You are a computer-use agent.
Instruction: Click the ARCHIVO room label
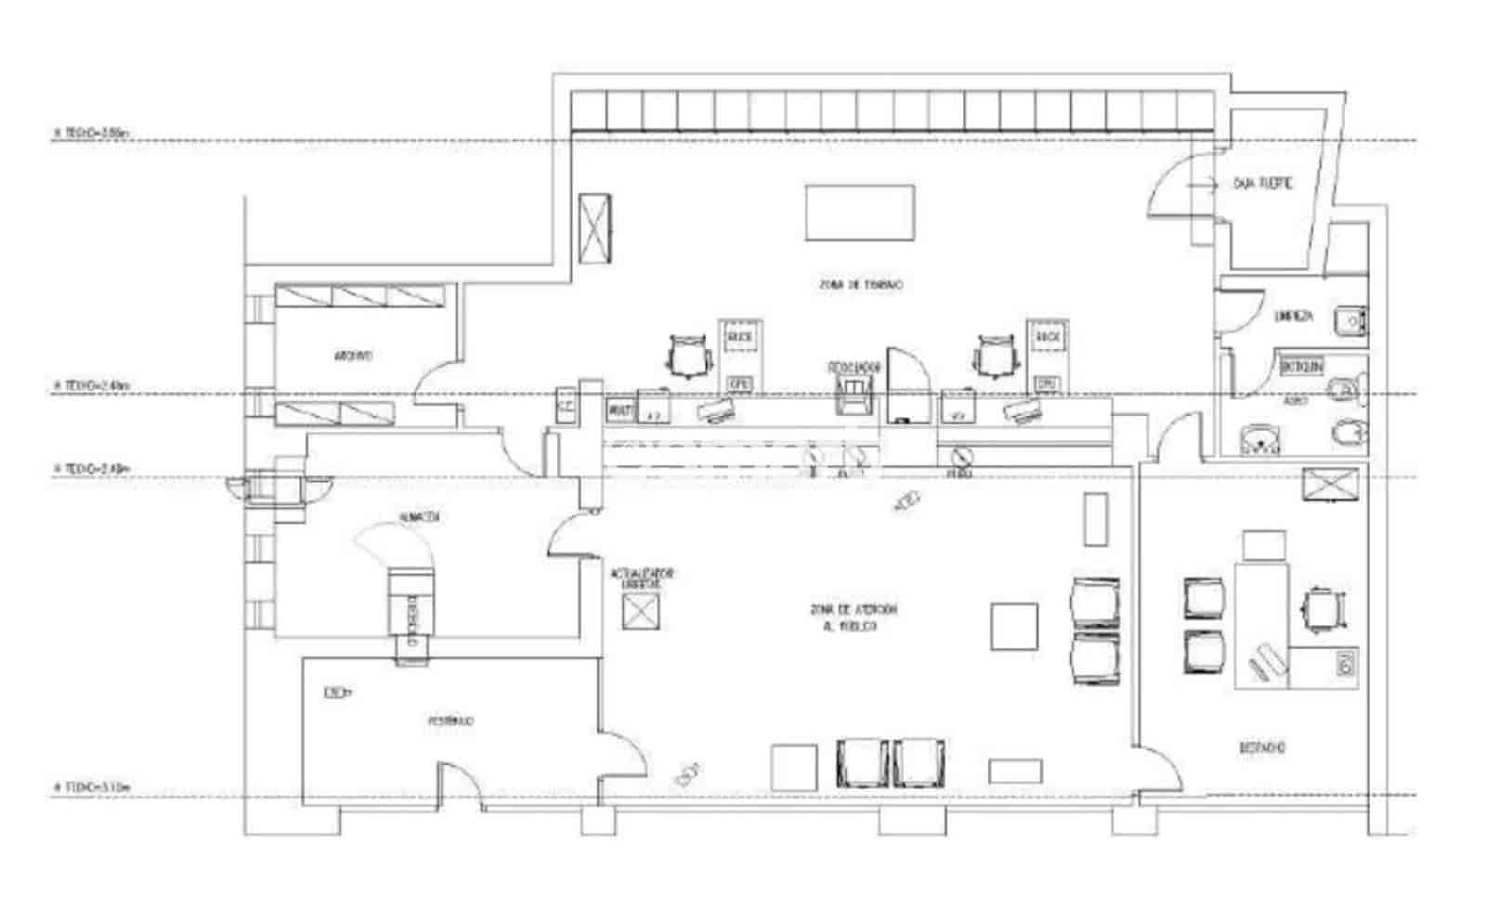pos(353,356)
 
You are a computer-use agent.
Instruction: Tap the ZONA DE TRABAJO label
pos(861,285)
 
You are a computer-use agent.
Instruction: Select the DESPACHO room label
pos(1262,747)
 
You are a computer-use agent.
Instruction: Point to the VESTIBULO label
pos(451,721)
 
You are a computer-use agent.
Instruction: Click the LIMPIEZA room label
pos(1294,316)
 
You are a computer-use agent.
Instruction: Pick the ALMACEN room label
pos(419,516)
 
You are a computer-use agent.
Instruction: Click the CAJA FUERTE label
pos(1262,184)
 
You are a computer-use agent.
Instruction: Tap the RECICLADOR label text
pos(854,368)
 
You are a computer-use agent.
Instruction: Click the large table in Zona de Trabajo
pos(859,213)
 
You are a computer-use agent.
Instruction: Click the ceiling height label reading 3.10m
pos(92,787)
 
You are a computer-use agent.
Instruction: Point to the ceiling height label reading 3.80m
pos(92,133)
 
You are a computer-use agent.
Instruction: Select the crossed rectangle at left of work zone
pos(594,227)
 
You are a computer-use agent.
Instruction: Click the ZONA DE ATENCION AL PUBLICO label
pos(854,617)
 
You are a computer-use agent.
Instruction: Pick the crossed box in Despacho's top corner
pos(1330,485)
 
